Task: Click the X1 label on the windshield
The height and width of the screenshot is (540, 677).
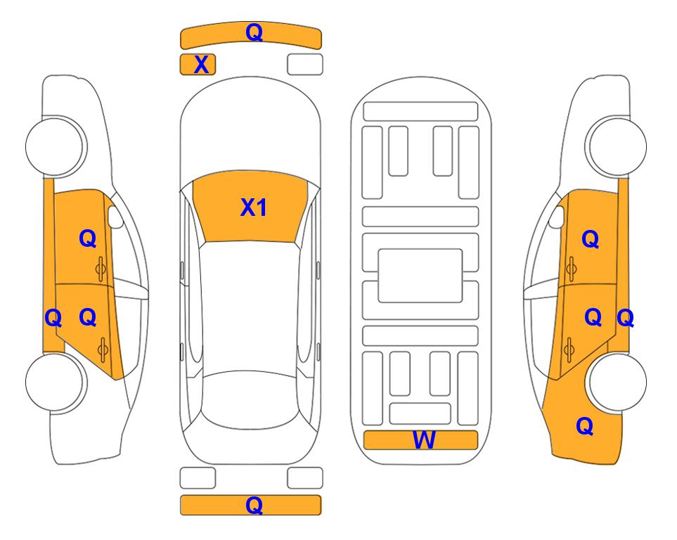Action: [x=254, y=207]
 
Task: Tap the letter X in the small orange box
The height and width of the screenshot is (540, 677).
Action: [x=201, y=65]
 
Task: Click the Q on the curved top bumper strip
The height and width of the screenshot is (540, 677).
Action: [x=254, y=32]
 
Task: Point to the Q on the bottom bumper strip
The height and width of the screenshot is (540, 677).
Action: [x=254, y=505]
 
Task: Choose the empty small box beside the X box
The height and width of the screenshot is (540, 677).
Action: [x=305, y=65]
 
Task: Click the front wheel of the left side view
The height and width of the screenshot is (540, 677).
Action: [x=55, y=146]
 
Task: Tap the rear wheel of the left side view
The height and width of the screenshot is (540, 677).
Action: [x=55, y=382]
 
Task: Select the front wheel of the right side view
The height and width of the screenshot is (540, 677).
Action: [x=617, y=146]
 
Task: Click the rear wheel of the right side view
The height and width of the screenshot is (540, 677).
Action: [x=617, y=382]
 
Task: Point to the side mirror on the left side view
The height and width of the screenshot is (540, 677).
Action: [x=115, y=217]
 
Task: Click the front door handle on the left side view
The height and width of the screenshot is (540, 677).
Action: [x=101, y=269]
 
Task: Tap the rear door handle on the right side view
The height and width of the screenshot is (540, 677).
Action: [x=569, y=349]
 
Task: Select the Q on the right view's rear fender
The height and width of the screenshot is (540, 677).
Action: [x=585, y=426]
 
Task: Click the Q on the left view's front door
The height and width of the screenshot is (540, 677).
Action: [x=88, y=238]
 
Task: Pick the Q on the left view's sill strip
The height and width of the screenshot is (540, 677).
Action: [x=53, y=319]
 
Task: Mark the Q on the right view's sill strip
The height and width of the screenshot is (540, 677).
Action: [x=625, y=319]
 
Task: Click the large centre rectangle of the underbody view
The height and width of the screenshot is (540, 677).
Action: [x=420, y=276]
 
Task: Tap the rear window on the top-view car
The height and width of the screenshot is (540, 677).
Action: [x=250, y=399]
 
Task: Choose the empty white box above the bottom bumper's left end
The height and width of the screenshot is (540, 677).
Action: [x=198, y=478]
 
